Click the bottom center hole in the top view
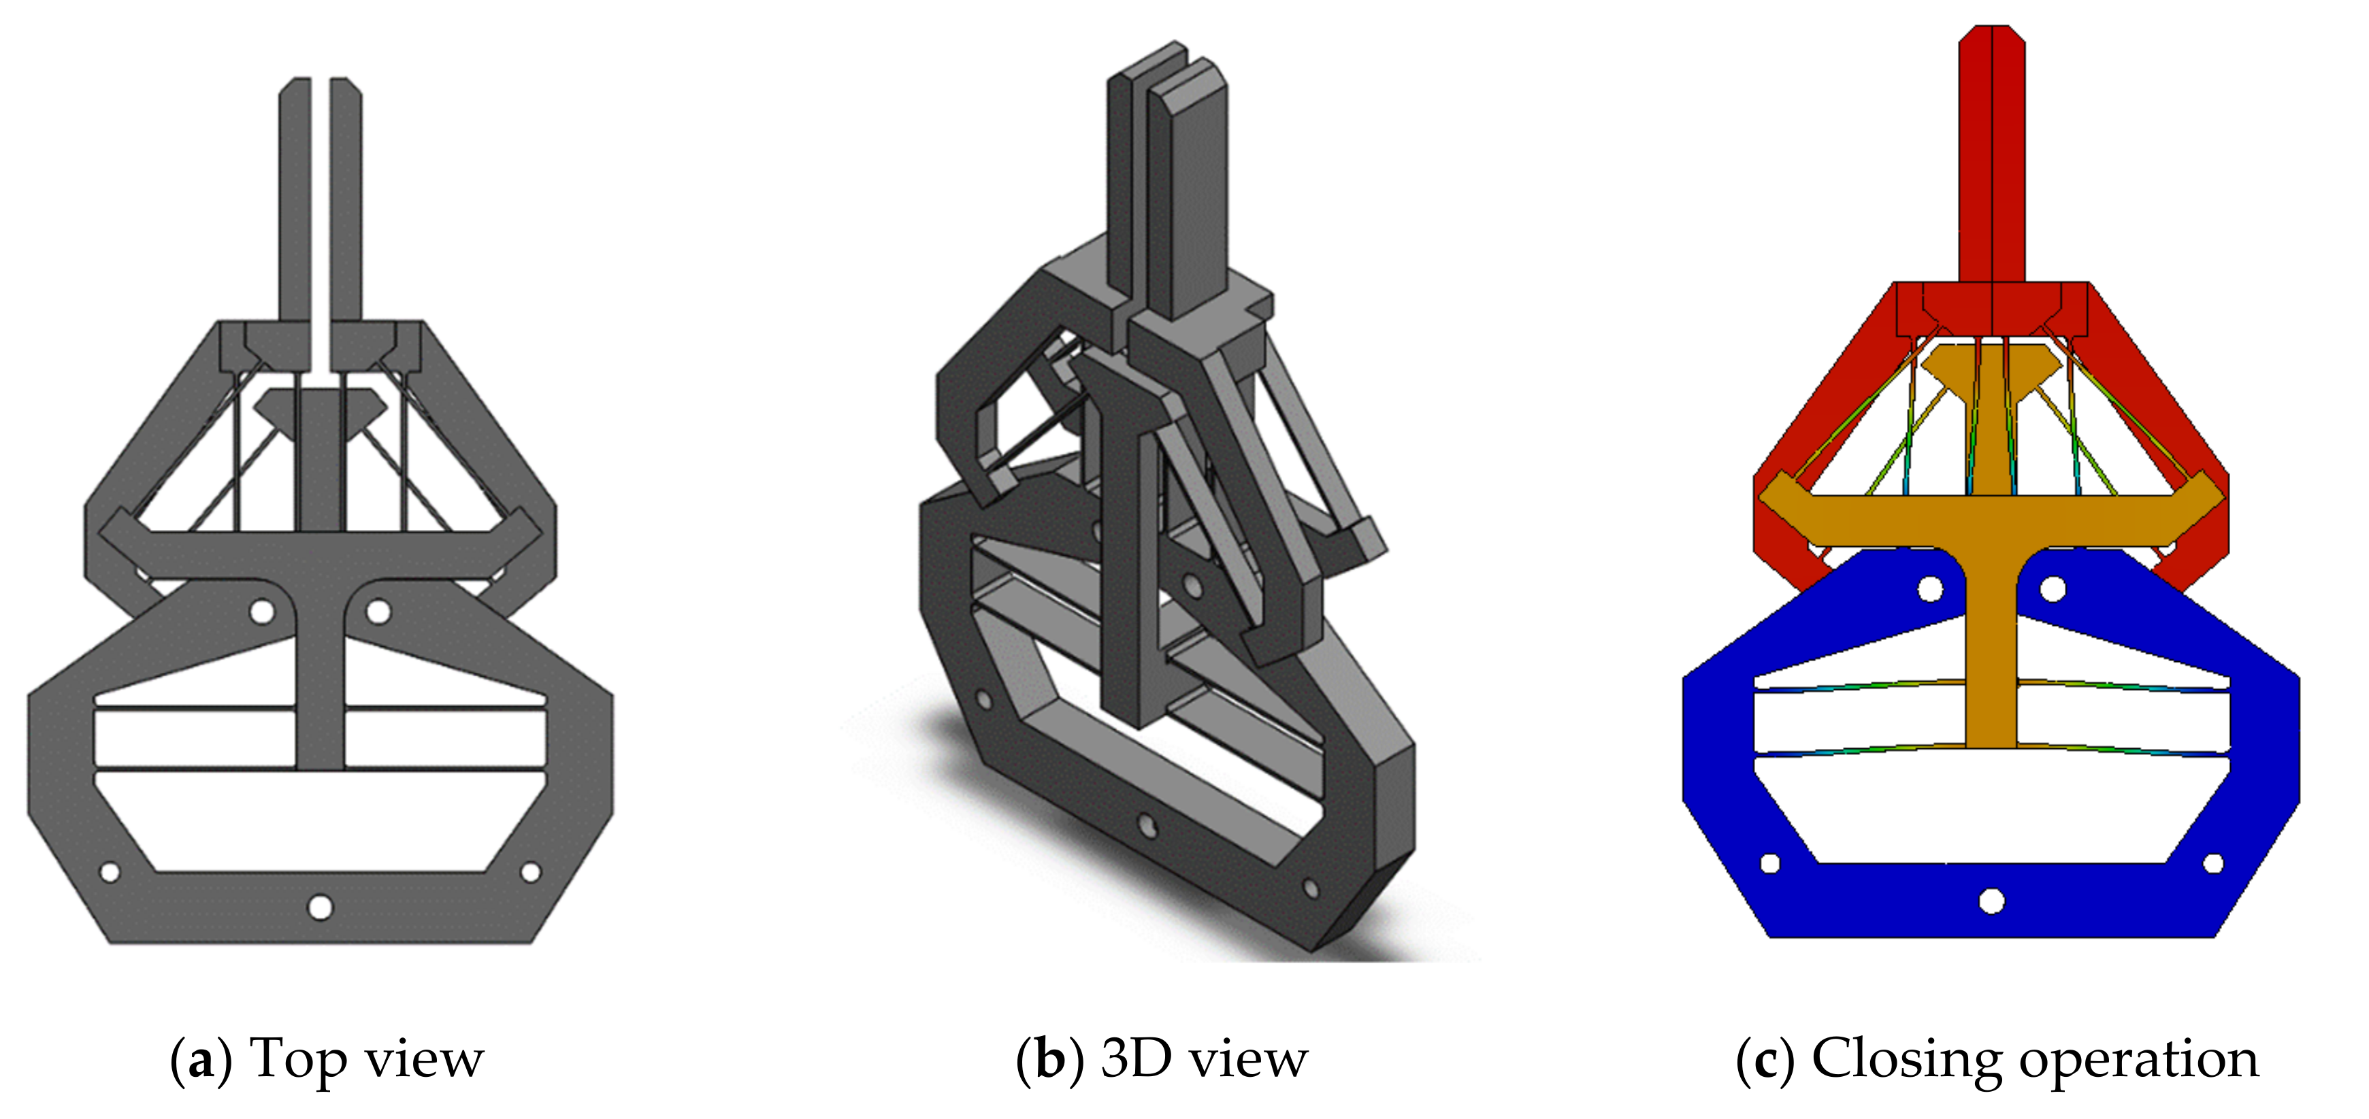(x=320, y=907)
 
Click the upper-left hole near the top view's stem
(x=262, y=611)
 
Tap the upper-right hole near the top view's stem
(x=378, y=611)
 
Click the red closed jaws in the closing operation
(x=1992, y=156)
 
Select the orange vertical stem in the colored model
(x=1992, y=644)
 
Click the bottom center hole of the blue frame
(x=1992, y=900)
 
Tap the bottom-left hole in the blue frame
(x=1769, y=863)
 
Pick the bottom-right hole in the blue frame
(x=2214, y=863)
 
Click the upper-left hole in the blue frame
(x=1930, y=588)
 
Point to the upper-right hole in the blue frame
(x=2053, y=588)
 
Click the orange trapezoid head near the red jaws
(x=1992, y=365)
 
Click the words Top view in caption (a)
(x=366, y=1058)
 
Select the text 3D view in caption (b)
(x=1204, y=1058)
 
